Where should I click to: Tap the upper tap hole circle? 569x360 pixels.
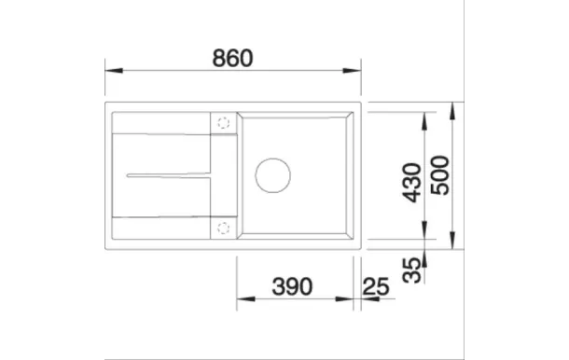coord(223,121)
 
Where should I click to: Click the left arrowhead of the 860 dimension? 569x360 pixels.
coord(110,69)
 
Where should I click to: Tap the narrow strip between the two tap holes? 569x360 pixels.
coord(223,173)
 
